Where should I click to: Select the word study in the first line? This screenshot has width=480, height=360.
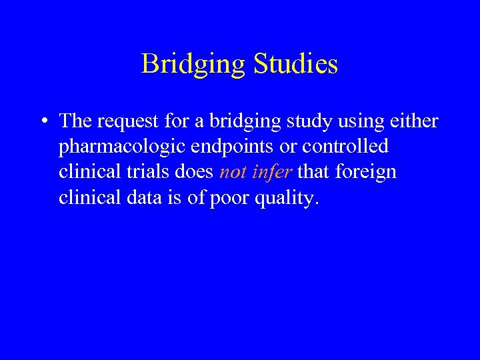(x=301, y=122)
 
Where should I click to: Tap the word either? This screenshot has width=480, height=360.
(x=413, y=121)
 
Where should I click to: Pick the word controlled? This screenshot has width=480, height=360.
(x=345, y=146)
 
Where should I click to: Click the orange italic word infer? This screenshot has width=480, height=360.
(x=273, y=172)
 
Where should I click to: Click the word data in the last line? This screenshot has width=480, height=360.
(x=149, y=198)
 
